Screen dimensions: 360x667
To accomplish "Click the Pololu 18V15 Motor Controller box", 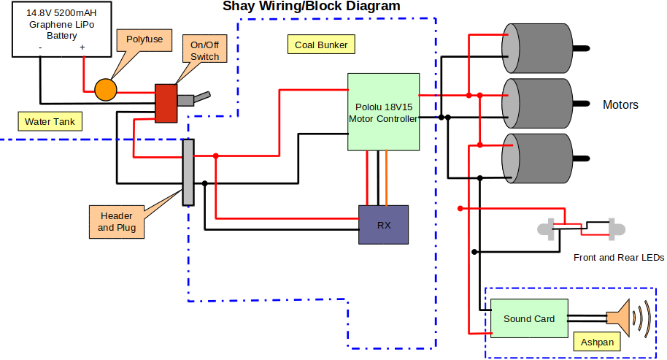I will click(x=383, y=112).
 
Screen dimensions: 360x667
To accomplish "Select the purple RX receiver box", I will click(x=383, y=224).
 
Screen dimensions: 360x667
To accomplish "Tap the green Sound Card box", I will click(x=529, y=318).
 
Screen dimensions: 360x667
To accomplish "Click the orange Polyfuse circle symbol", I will click(x=106, y=89).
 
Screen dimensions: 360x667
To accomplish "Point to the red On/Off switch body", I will click(x=166, y=102).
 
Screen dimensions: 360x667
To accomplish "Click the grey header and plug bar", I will click(x=188, y=172).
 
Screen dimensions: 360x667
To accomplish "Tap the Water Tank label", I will click(x=49, y=121).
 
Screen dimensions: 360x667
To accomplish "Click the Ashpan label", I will click(x=597, y=342).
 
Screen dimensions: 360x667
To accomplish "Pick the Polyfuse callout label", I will click(x=144, y=39).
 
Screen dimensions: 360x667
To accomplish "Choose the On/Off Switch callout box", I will click(x=205, y=51).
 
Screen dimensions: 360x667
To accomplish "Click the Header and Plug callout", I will click(x=117, y=222).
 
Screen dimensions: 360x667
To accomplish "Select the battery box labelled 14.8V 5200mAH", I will click(x=61, y=34).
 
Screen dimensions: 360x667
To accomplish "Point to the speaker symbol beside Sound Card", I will click(x=620, y=318).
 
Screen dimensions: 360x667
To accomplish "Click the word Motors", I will click(x=620, y=105).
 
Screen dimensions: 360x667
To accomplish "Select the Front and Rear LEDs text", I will click(x=619, y=258).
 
